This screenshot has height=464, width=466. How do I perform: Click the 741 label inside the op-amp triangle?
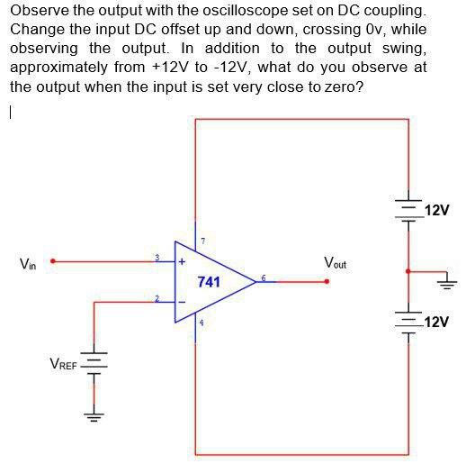tap(209, 282)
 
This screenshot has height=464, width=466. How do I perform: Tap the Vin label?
tap(29, 264)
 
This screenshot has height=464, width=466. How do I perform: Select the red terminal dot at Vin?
tap(53, 261)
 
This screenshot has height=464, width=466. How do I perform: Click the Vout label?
tap(334, 264)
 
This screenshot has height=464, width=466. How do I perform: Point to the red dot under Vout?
tap(327, 281)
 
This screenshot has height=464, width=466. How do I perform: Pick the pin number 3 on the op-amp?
tap(157, 258)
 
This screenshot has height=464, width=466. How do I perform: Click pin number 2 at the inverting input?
tap(157, 297)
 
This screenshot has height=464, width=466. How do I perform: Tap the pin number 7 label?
tap(204, 241)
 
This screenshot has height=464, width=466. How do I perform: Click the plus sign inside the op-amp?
tap(182, 263)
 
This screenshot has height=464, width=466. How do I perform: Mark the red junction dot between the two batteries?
tap(409, 269)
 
